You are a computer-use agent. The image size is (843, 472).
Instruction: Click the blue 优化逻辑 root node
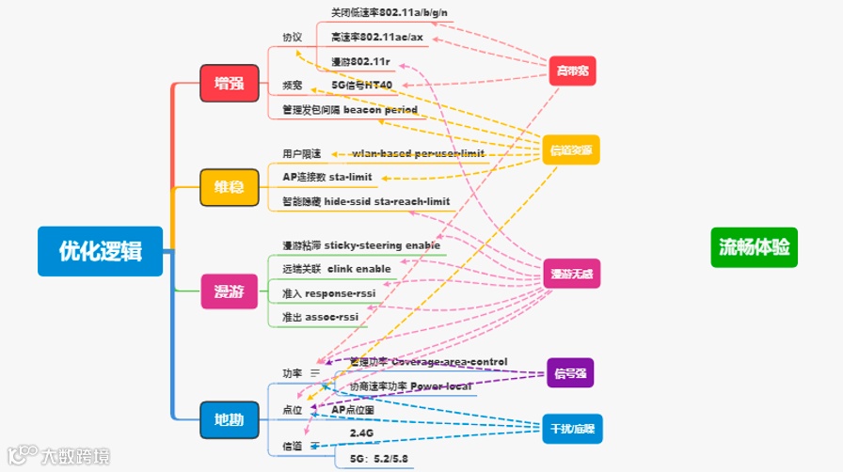[x=101, y=250]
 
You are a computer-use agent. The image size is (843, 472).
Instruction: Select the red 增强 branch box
[x=229, y=83]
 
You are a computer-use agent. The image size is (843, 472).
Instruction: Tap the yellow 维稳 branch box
[x=229, y=187]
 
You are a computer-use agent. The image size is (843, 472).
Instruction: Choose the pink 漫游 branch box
[x=229, y=291]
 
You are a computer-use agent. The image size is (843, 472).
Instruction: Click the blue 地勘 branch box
[x=229, y=419]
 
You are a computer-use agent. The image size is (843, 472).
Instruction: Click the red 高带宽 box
[x=573, y=71]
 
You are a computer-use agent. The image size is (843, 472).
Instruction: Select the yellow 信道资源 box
[x=571, y=150]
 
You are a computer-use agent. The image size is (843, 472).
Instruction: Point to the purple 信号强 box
[x=571, y=373]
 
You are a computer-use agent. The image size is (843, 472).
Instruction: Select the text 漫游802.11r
[x=362, y=61]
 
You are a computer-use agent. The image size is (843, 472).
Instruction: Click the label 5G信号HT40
[x=362, y=85]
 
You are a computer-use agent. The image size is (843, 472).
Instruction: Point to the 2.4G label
[x=361, y=433]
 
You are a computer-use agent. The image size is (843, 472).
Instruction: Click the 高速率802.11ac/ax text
[x=377, y=37]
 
